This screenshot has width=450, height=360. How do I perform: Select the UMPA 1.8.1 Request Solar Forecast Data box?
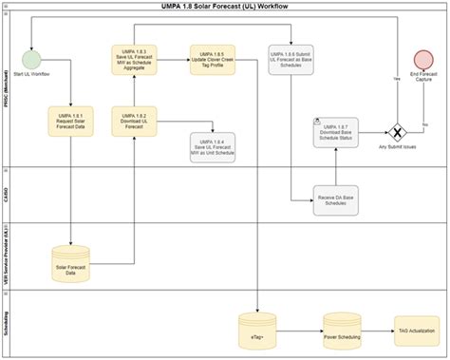point(70,123)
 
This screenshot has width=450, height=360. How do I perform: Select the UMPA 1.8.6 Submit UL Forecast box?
point(291,62)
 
